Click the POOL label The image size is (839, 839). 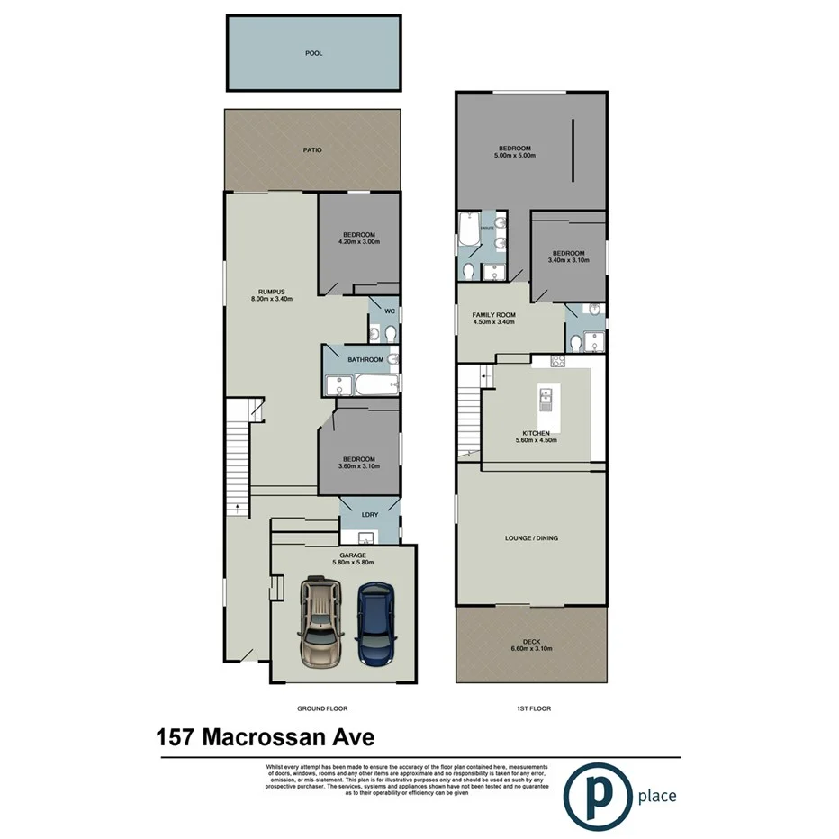pos(313,53)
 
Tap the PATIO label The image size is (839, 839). pos(312,149)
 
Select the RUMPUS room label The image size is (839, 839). pos(271,292)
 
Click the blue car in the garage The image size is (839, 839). pos(375,622)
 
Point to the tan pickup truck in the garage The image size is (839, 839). pos(320,619)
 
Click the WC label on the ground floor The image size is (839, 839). pos(389,311)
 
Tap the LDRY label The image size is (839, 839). pos(369,515)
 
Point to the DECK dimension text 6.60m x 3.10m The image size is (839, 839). pos(531,648)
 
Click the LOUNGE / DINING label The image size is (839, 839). pos(531,538)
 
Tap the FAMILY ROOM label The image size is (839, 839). pos(492,314)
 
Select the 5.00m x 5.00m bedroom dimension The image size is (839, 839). pos(515,156)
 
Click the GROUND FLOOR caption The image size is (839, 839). pos(321,708)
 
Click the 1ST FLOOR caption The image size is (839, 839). pos(533,708)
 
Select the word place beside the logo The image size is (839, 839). pos(656,796)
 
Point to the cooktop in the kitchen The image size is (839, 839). pos(557,362)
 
